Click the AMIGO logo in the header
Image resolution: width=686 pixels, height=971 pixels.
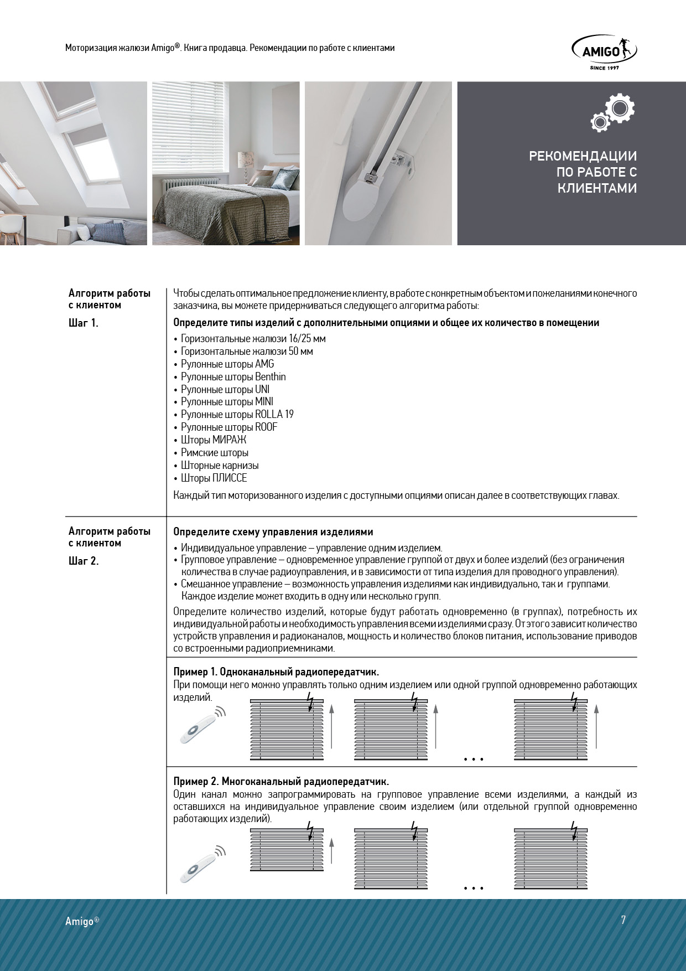pyautogui.click(x=604, y=51)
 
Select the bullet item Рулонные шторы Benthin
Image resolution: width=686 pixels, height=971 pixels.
pyautogui.click(x=233, y=377)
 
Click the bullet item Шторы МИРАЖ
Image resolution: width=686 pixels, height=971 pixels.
pyautogui.click(x=213, y=440)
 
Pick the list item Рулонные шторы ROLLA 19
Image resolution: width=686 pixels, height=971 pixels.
pyautogui.click(x=237, y=415)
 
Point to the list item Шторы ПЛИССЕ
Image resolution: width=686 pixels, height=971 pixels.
pyautogui.click(x=214, y=478)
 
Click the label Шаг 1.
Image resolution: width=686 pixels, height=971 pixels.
pyautogui.click(x=84, y=323)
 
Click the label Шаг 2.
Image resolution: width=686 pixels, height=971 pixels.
pyautogui.click(x=84, y=561)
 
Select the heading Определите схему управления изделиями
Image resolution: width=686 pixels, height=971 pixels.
pyautogui.click(x=273, y=532)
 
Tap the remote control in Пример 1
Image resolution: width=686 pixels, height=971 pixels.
pyautogui.click(x=199, y=726)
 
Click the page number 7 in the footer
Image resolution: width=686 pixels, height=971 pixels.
pyautogui.click(x=623, y=920)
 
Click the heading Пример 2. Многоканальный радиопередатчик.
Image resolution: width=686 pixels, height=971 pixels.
pyautogui.click(x=281, y=782)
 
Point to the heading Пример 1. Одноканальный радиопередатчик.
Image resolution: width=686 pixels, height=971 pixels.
pyautogui.click(x=276, y=672)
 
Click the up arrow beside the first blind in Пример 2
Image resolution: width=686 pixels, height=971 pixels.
pyautogui.click(x=331, y=850)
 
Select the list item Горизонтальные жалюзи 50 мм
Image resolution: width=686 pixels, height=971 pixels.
pyautogui.click(x=247, y=352)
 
